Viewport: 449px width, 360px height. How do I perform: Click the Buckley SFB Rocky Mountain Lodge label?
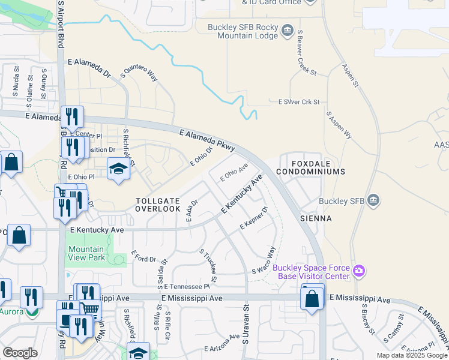(243, 32)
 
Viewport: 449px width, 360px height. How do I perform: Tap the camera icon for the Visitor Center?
(360, 271)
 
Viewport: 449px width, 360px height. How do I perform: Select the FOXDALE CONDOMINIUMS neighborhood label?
(311, 167)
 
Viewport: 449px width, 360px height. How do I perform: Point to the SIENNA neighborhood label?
(316, 218)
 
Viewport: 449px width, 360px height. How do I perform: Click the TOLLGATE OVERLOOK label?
(158, 205)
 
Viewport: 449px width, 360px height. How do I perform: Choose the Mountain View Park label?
(86, 253)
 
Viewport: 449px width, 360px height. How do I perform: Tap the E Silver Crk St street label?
(295, 103)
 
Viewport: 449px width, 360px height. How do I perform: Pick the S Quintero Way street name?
(139, 73)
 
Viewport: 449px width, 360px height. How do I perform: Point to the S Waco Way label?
(264, 260)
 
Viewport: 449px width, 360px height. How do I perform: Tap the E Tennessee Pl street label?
(187, 287)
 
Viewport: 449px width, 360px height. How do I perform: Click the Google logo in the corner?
(20, 353)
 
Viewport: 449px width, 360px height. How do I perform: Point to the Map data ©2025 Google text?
(412, 355)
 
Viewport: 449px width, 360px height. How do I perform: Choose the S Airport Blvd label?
(61, 24)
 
